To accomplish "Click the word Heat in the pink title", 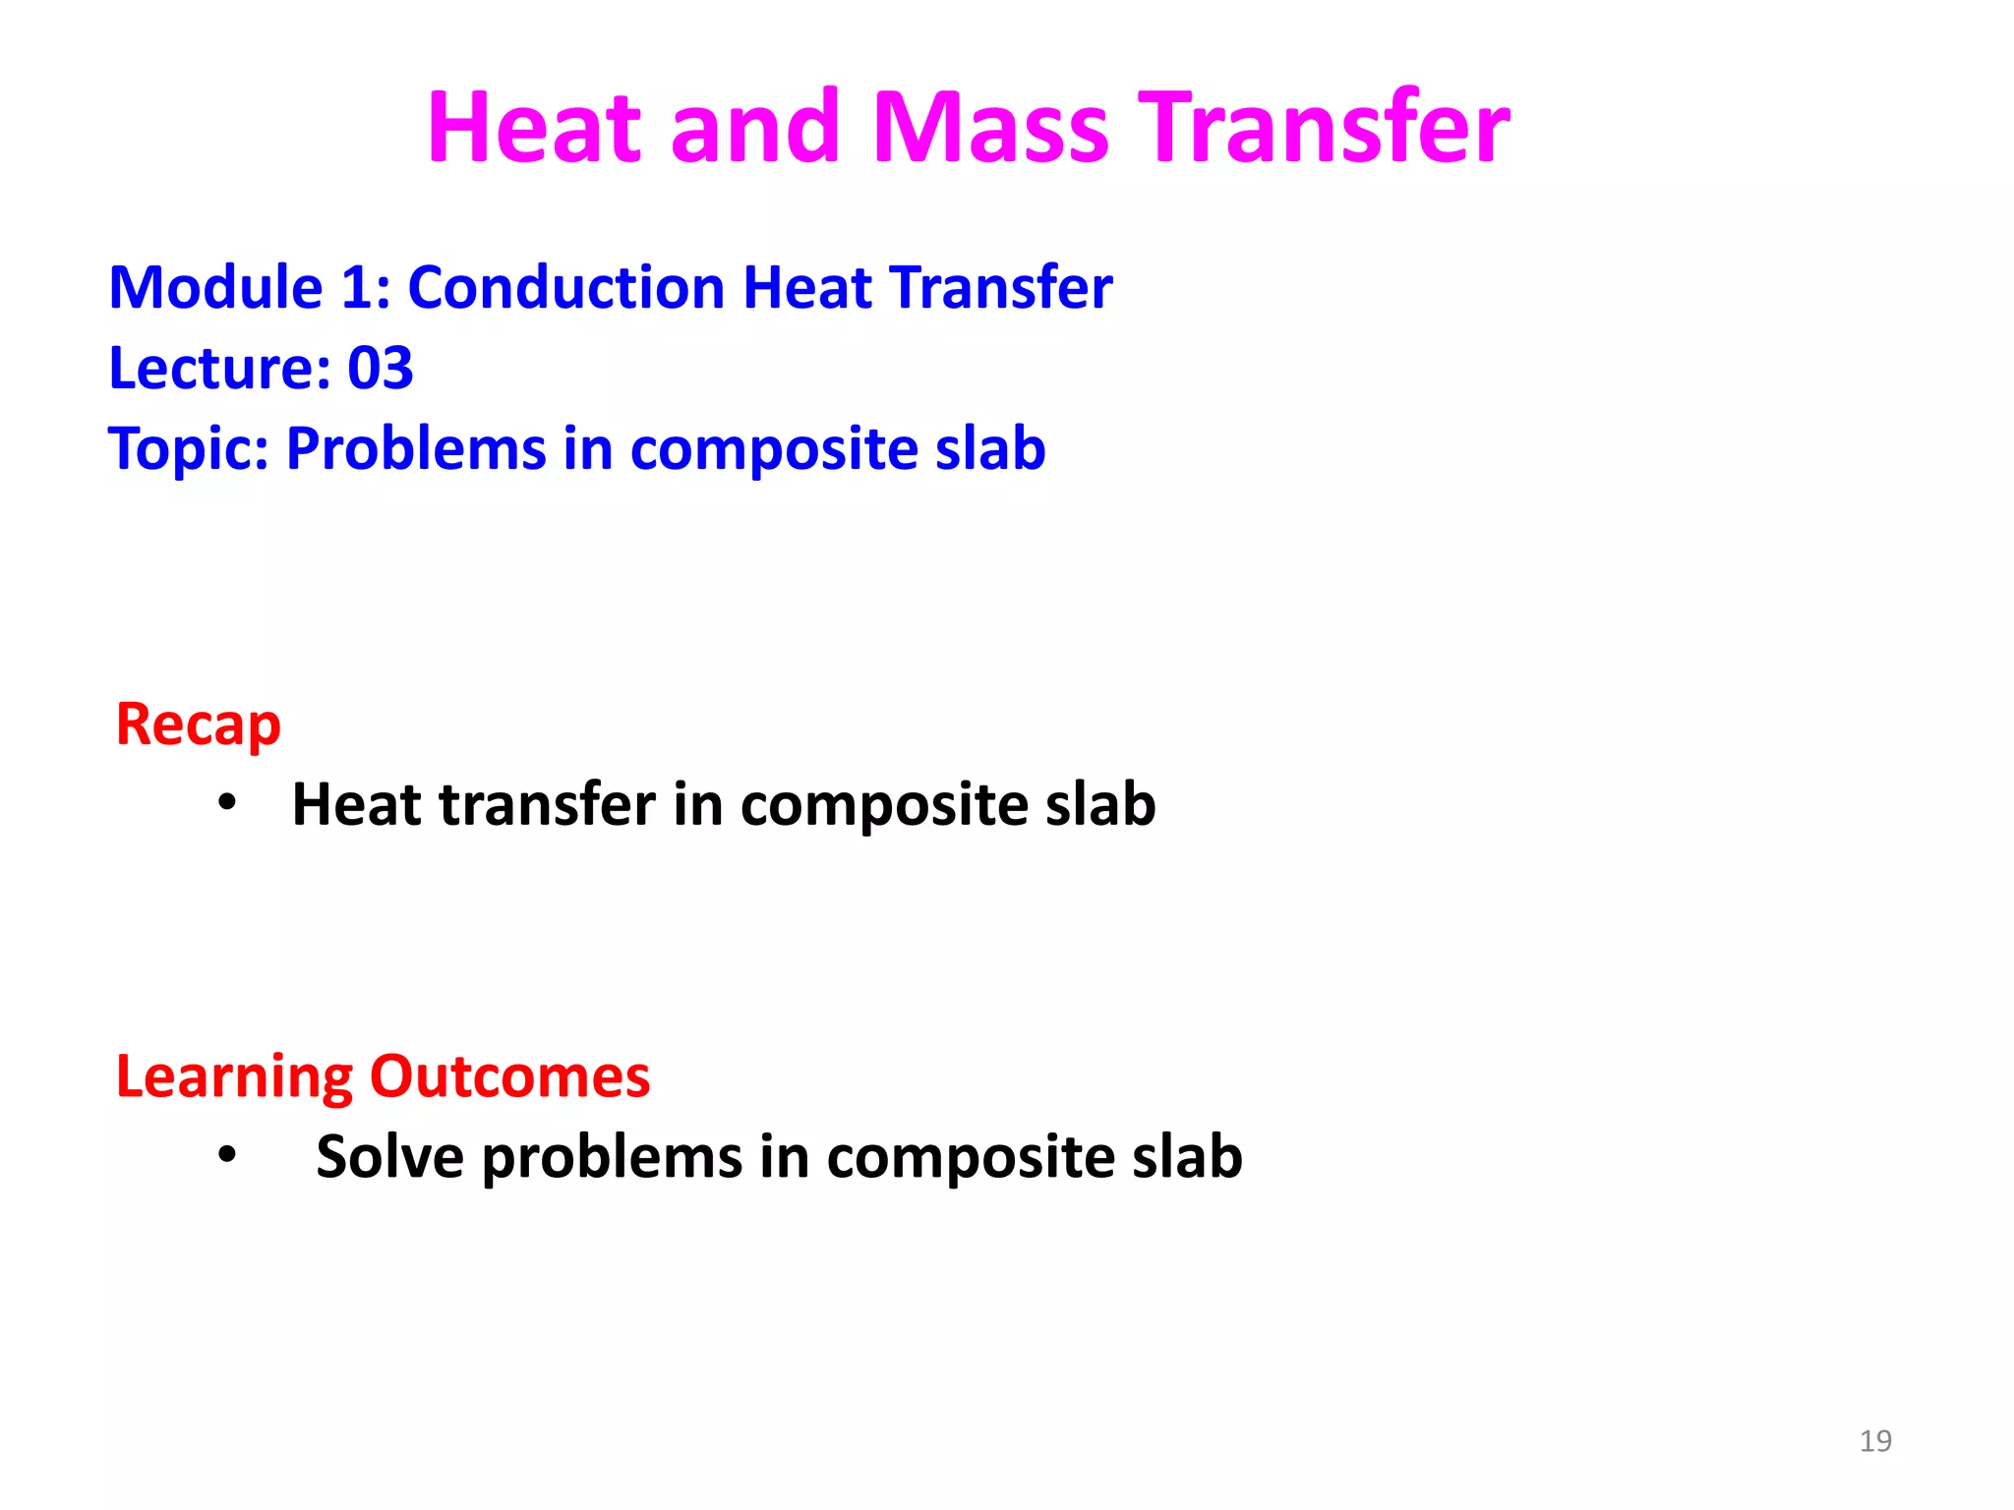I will point(537,128).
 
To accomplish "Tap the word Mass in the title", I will point(990,128).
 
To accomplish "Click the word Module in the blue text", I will point(215,288).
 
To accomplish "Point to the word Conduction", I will point(565,288).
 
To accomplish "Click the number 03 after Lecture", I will point(380,369).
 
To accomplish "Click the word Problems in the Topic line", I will point(415,449).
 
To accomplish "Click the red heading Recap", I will point(198,726).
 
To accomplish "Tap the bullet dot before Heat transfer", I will point(227,803).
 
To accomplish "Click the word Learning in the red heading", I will point(233,1077).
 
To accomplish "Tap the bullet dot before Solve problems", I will point(227,1154).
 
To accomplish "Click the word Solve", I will point(389,1156).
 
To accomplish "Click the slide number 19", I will point(1875,1441).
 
